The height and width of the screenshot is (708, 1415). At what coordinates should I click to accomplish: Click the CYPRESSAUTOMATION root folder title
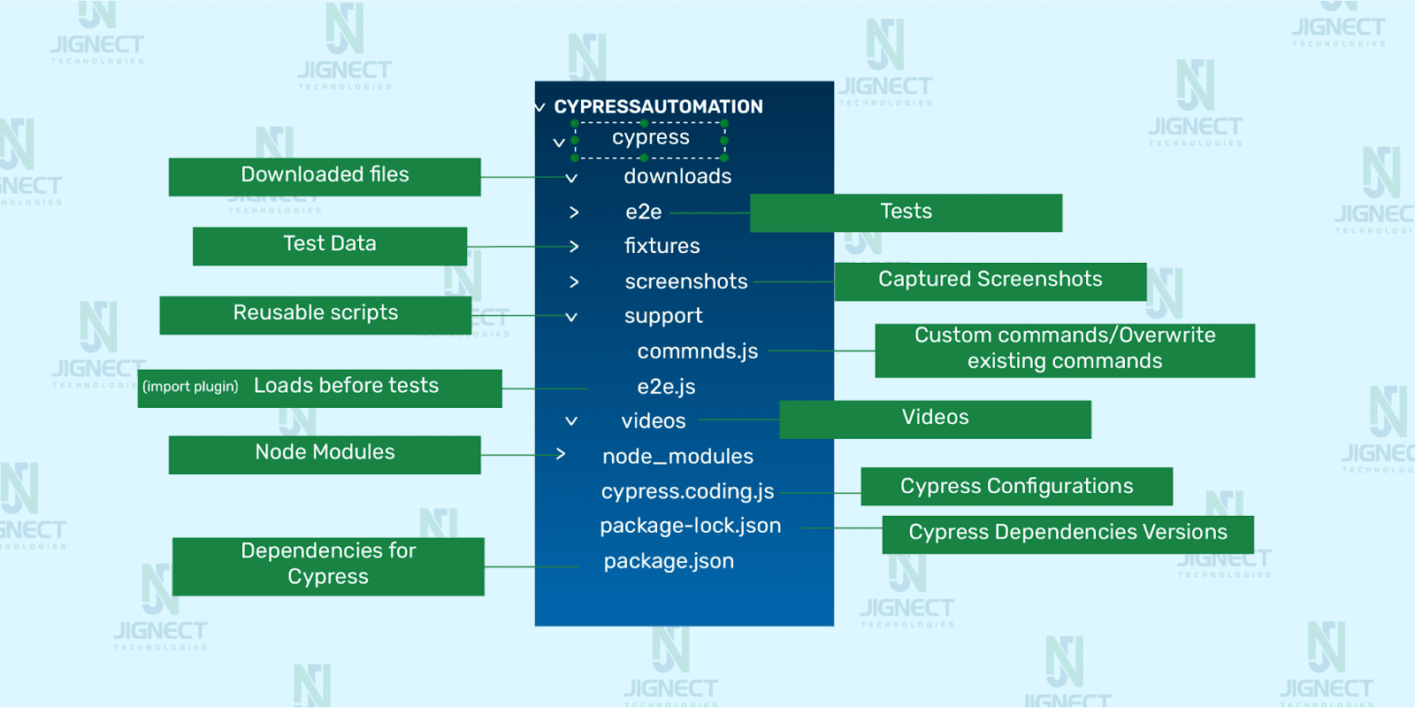click(x=658, y=106)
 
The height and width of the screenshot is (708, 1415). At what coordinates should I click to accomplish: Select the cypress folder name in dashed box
click(x=651, y=137)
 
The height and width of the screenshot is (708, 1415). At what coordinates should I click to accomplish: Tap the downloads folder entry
click(x=677, y=176)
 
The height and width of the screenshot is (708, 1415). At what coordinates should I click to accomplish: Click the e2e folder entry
click(x=643, y=212)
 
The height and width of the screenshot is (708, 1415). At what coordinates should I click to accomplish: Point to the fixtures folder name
click(x=662, y=246)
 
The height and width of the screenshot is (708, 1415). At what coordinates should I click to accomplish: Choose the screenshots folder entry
click(x=685, y=281)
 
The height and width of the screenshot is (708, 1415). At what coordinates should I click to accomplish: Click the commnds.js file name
click(x=697, y=351)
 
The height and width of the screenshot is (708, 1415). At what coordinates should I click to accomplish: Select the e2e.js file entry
click(x=666, y=387)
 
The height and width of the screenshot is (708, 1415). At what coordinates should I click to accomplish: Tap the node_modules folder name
click(x=677, y=457)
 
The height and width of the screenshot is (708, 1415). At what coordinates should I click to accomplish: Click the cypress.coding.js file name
click(x=687, y=491)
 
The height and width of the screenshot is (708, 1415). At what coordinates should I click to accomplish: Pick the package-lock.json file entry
click(x=690, y=526)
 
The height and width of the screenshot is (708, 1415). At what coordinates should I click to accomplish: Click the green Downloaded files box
click(x=325, y=176)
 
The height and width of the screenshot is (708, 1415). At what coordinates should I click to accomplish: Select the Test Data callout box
click(x=329, y=245)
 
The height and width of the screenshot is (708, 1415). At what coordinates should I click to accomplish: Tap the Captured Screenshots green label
click(x=990, y=281)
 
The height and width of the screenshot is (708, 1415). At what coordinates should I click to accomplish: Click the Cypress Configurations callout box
click(x=1016, y=486)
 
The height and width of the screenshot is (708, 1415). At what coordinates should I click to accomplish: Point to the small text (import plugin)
click(x=190, y=387)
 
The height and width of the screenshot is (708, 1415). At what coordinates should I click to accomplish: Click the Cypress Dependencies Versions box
click(x=1067, y=534)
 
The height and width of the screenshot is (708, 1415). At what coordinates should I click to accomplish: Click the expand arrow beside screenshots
click(x=574, y=281)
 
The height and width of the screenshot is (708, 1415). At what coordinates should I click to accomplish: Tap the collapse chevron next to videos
click(x=571, y=421)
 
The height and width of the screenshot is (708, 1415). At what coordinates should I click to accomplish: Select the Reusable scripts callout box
click(x=315, y=314)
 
